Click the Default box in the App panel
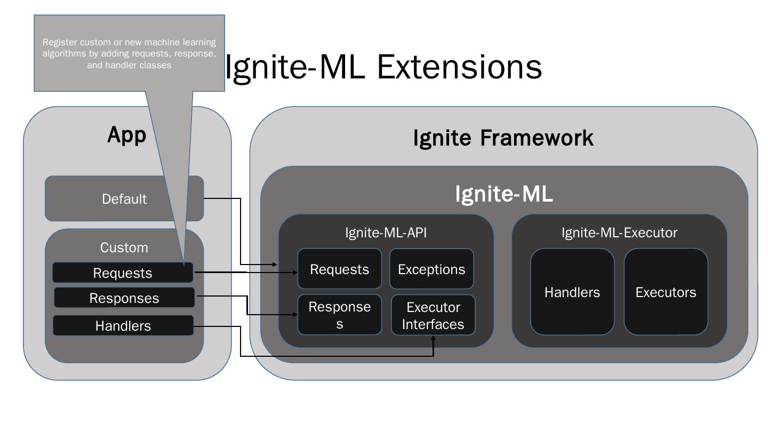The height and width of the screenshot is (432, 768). [x=124, y=198]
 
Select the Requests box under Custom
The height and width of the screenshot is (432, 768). [x=123, y=273]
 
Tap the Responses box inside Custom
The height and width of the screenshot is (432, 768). [x=124, y=298]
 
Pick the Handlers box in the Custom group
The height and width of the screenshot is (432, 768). [x=123, y=325]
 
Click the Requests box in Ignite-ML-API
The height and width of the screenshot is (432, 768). [x=339, y=269]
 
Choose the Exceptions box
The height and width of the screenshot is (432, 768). [x=431, y=269]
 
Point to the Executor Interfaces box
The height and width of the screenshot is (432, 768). [x=433, y=315]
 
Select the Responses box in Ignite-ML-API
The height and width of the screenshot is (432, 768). [x=339, y=315]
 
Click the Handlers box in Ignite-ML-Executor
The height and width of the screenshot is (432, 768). [x=572, y=292]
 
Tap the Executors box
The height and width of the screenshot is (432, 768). [x=666, y=292]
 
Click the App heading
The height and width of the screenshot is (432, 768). [x=127, y=135]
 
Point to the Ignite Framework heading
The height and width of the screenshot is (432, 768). [x=503, y=138]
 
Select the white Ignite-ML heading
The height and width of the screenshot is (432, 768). [x=504, y=194]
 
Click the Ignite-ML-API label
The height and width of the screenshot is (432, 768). [x=386, y=233]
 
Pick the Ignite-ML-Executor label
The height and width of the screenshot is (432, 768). [x=619, y=233]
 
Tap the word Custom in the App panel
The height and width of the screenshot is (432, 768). [x=124, y=247]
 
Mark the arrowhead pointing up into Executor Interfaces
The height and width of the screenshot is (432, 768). [x=434, y=338]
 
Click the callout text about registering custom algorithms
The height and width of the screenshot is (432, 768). [x=129, y=53]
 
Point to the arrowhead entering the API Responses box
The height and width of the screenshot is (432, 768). [x=295, y=315]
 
